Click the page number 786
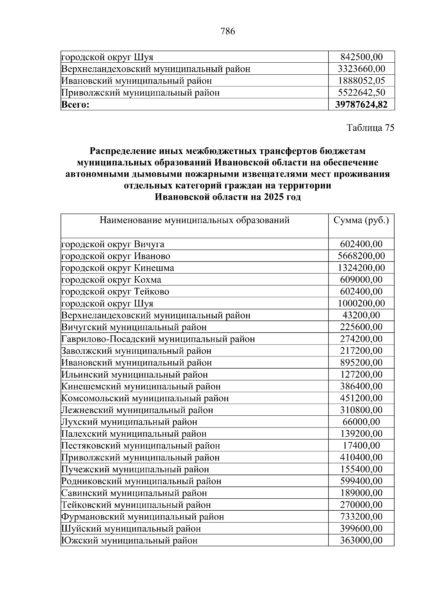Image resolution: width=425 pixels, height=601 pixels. tap(227, 32)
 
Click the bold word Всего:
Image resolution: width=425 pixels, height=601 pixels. tap(76, 105)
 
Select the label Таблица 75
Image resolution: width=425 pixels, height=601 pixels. tap(370, 128)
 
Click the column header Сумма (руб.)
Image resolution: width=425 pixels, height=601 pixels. tap(361, 221)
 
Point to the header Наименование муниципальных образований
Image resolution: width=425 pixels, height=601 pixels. tap(194, 221)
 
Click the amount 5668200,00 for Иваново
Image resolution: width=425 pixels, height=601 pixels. tap(361, 256)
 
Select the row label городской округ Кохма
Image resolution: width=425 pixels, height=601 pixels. tap(111, 280)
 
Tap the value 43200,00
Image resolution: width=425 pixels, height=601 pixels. tap(361, 315)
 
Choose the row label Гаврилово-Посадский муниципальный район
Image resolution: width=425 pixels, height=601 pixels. tap(158, 339)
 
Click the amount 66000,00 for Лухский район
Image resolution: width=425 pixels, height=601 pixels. tap(361, 422)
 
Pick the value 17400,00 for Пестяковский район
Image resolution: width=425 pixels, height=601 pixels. tap(361, 446)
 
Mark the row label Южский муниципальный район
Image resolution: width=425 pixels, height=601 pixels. tap(129, 540)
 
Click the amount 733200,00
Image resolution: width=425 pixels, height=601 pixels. tap(361, 517)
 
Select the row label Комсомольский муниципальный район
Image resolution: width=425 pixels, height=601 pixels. tap(145, 398)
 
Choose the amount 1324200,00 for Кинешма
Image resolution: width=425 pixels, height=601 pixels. tap(361, 268)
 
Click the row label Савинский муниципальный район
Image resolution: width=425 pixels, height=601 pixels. tap(134, 493)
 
